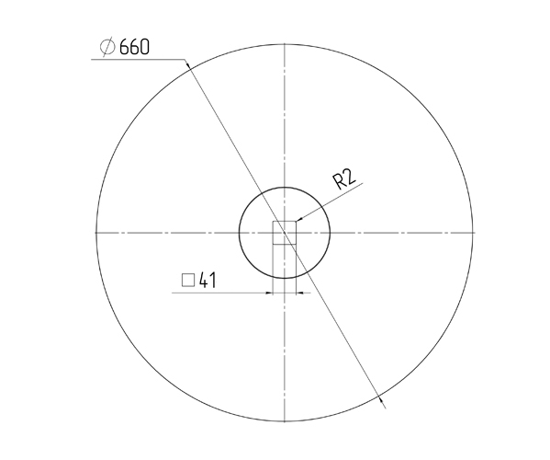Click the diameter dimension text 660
point(134,47)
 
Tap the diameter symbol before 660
point(106,47)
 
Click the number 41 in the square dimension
point(207,280)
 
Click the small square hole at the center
point(285,233)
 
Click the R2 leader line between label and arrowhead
point(326,201)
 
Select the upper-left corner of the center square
point(273,221)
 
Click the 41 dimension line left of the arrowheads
point(220,293)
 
